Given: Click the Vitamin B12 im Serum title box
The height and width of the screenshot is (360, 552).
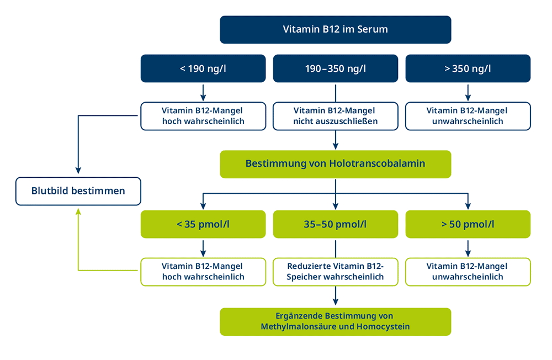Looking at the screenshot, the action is click(336, 30).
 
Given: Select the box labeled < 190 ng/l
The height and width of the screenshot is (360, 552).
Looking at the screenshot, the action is click(203, 68).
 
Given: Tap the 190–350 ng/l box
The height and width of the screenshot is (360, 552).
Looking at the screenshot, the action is click(336, 68).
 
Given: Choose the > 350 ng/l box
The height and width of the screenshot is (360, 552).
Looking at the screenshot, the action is click(468, 68).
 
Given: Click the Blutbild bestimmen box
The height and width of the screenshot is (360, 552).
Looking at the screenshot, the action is click(78, 191).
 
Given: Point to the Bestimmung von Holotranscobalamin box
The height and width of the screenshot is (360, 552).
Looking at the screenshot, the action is click(336, 164).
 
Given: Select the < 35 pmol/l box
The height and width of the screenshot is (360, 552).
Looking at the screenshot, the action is click(203, 224).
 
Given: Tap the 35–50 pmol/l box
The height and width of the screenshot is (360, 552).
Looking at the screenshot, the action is click(336, 224).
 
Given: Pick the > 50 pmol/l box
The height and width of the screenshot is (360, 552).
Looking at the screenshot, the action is click(468, 224).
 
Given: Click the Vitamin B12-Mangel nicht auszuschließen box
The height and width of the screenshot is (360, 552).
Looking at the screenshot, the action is click(336, 117).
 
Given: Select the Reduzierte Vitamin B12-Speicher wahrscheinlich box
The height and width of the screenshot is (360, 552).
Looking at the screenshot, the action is click(336, 272).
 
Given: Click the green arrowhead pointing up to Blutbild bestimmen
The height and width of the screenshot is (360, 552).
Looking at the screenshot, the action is click(78, 211).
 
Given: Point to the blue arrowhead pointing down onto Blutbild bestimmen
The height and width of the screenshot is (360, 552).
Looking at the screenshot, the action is click(78, 171).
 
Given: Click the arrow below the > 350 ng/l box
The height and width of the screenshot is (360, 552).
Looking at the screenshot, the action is click(468, 93).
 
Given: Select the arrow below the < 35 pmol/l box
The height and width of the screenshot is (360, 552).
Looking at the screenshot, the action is click(203, 248).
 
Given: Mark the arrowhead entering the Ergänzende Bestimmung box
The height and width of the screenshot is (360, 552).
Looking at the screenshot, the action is click(336, 301).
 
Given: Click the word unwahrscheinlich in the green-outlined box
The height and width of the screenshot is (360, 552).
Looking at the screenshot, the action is click(468, 277).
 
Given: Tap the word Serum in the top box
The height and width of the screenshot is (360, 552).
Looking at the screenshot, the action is click(373, 29).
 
